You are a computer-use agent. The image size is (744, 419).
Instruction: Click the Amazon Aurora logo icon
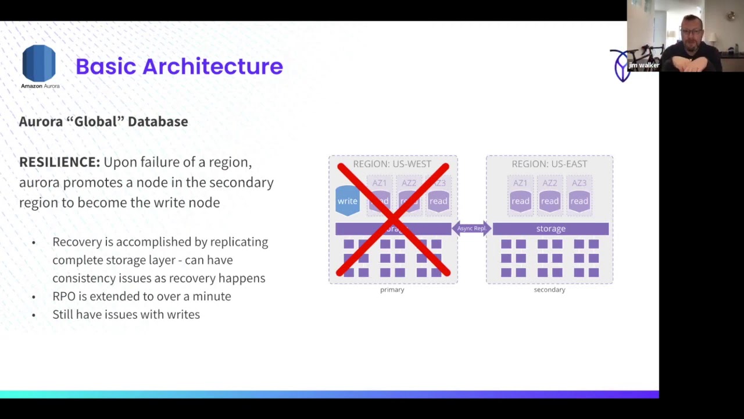click(39, 63)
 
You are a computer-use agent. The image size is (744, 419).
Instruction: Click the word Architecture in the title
click(212, 66)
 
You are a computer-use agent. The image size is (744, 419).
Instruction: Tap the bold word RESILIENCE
click(59, 162)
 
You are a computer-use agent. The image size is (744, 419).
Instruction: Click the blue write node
click(348, 201)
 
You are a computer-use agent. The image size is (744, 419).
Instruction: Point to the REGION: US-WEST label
click(392, 164)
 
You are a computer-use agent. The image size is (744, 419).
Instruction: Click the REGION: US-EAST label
click(549, 164)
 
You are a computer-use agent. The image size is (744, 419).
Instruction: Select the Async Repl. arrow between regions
click(471, 229)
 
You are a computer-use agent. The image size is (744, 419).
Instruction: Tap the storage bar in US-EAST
click(550, 229)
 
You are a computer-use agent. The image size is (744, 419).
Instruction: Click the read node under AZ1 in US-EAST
click(520, 201)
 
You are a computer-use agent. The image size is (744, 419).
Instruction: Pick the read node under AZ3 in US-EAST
click(579, 201)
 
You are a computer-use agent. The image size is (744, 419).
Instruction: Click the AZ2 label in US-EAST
click(549, 183)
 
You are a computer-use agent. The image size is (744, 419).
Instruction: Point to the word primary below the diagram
click(392, 289)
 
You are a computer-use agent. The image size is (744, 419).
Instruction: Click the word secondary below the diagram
click(549, 289)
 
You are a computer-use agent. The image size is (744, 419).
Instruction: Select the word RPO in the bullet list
click(64, 296)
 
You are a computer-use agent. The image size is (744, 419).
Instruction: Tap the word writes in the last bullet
click(183, 314)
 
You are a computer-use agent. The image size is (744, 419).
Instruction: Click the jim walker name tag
click(643, 65)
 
